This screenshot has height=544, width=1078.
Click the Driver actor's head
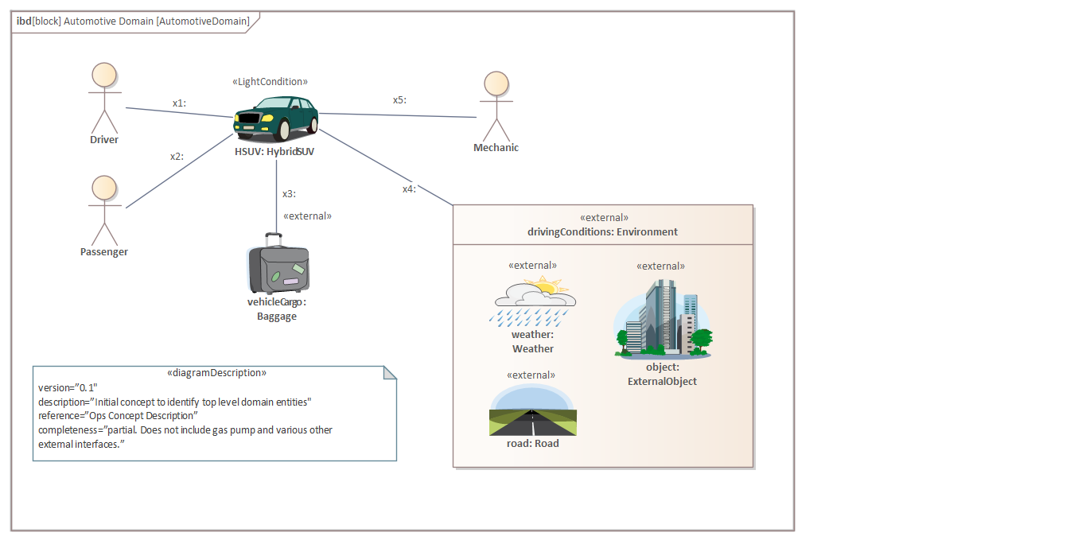(x=104, y=76)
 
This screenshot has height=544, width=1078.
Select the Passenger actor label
(x=104, y=252)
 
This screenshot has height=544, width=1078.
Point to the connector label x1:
(x=179, y=103)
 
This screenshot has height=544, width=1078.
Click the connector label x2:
(x=177, y=157)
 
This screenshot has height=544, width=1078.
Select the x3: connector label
(x=289, y=193)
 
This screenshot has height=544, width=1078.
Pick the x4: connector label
(x=409, y=188)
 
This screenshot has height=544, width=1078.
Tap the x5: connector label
(x=399, y=100)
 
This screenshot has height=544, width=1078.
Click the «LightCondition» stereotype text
(x=270, y=82)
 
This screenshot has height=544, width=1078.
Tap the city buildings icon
(x=663, y=317)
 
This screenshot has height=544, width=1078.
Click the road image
(x=532, y=411)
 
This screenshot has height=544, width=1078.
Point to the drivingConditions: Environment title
(x=602, y=232)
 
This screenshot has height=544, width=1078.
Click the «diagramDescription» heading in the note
(x=216, y=372)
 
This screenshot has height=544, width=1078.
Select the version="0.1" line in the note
(x=68, y=387)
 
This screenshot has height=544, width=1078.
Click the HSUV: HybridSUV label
(x=274, y=151)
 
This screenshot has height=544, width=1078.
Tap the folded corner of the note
(x=390, y=373)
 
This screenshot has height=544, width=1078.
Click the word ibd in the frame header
(x=23, y=21)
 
